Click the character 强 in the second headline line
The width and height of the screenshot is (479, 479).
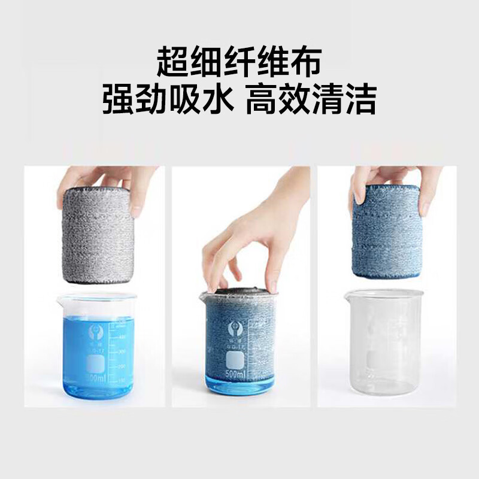tap(119, 99)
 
